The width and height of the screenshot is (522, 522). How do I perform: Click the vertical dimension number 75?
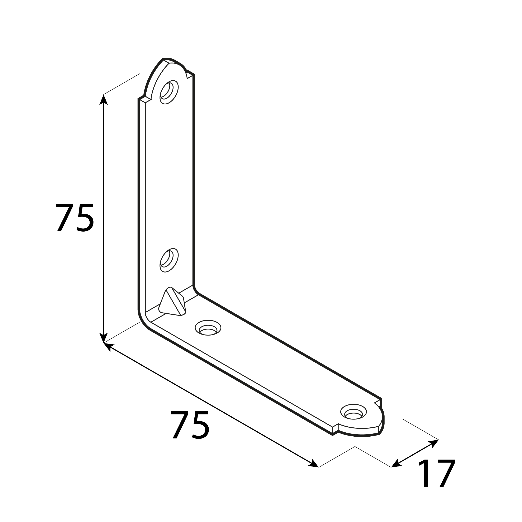click(x=74, y=218)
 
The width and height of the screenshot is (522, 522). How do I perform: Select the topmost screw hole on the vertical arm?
click(x=169, y=92)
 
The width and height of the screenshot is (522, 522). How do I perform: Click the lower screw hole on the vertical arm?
click(x=169, y=260)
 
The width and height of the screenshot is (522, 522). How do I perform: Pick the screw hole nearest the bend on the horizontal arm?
click(x=208, y=328)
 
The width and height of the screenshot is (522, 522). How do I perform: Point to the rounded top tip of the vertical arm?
click(x=173, y=61)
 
